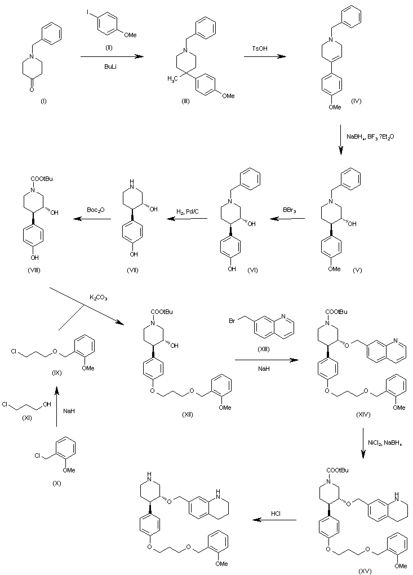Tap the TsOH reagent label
pos(260,49)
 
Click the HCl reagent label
pos(276,514)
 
